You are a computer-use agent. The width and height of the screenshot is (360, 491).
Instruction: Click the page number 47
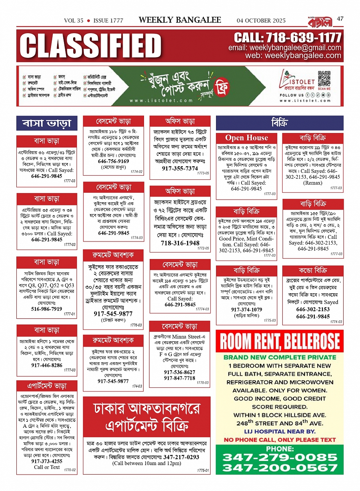point(340,19)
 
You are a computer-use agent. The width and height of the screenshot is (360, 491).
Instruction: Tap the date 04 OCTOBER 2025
point(261,21)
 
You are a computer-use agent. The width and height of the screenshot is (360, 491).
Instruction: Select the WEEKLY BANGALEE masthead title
point(180,20)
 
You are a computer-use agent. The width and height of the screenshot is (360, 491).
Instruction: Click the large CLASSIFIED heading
point(91,46)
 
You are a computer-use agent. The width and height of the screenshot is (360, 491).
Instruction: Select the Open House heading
point(246,138)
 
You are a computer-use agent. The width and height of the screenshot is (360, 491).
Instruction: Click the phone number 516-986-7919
point(46,309)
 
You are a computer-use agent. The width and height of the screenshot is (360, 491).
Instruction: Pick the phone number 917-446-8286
point(46,365)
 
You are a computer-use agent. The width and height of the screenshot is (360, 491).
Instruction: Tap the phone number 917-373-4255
point(46,461)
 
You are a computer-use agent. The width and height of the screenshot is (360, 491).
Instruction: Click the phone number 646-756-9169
point(114,161)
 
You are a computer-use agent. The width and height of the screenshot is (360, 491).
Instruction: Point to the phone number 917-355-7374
point(180,168)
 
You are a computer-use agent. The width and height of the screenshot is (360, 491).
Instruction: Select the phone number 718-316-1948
point(180,243)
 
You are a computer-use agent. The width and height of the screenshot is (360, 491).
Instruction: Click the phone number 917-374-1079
point(246,310)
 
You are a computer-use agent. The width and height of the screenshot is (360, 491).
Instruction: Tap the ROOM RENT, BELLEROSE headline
point(280,342)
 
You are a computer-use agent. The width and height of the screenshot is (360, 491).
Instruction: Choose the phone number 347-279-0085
point(280,457)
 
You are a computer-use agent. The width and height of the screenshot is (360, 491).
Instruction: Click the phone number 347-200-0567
point(280,468)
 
